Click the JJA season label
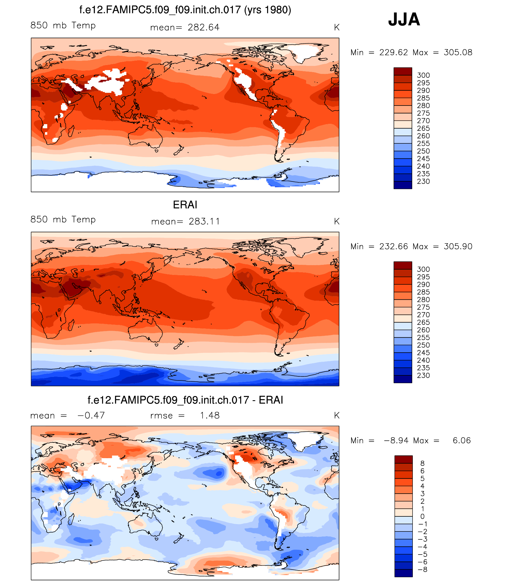click(x=404, y=20)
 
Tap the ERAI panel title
click(x=185, y=205)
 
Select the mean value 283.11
click(x=204, y=221)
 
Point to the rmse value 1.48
click(x=210, y=416)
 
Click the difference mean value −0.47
click(x=91, y=416)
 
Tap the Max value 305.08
click(x=458, y=53)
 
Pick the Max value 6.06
click(x=461, y=441)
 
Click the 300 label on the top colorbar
click(x=423, y=75)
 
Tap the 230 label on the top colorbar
click(x=423, y=181)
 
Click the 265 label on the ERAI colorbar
click(x=423, y=322)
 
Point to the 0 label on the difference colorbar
click(x=422, y=516)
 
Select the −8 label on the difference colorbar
click(x=423, y=570)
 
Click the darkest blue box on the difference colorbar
click(x=403, y=573)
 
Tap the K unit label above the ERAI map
click(x=336, y=222)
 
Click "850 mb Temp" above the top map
click(x=63, y=25)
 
